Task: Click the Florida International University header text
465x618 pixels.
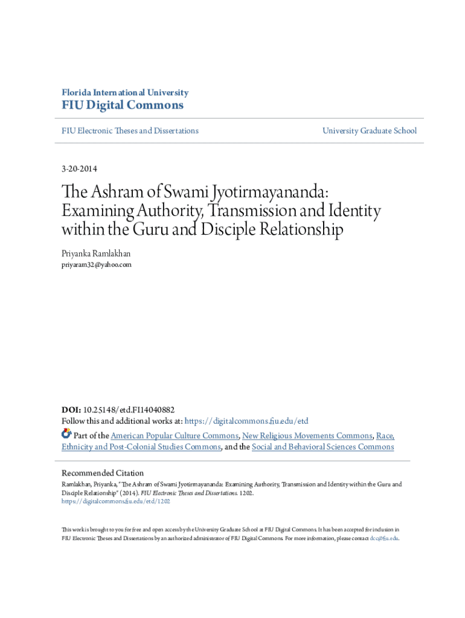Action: pos(125,92)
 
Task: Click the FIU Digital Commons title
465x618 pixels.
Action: pos(123,106)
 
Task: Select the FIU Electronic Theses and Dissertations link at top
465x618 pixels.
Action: pos(130,130)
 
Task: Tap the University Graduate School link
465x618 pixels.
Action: pos(370,130)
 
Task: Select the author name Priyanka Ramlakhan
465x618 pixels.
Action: pos(95,254)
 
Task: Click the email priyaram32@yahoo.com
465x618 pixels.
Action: pos(97,264)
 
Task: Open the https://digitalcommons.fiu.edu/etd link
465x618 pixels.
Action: pos(246,421)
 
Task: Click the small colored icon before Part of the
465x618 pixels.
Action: pos(66,434)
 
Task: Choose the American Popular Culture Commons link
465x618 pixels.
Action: pos(175,435)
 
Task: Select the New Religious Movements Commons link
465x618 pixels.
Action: pos(307,435)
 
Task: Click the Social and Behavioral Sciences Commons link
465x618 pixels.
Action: pos(322,447)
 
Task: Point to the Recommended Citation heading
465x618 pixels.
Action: pos(103,473)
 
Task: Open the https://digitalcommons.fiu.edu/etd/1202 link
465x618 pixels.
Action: pos(116,501)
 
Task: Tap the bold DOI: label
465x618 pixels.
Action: pos(71,409)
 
